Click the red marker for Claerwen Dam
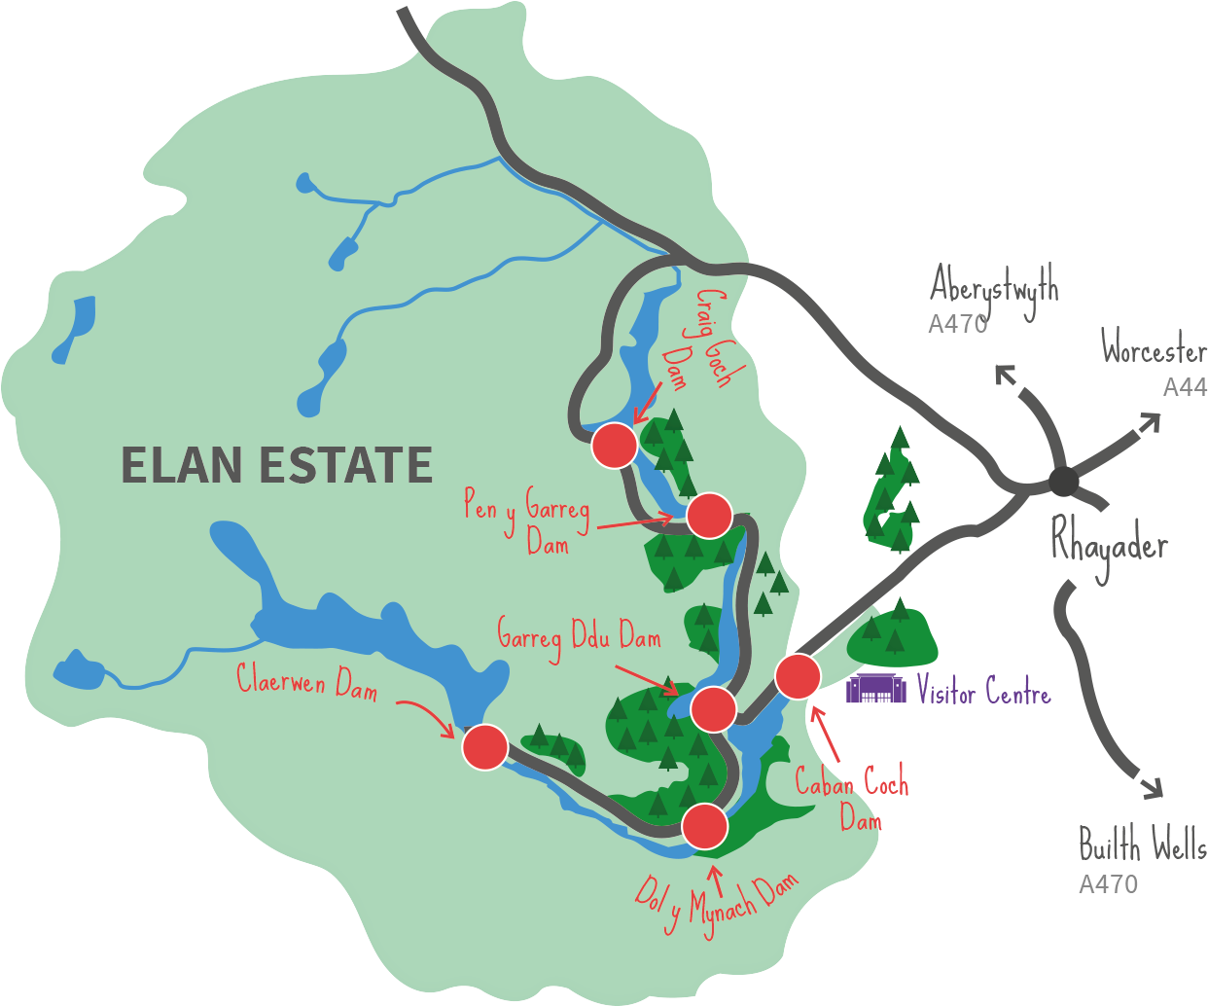click(x=485, y=747)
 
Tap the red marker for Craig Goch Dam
click(x=615, y=446)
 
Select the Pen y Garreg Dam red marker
click(x=709, y=515)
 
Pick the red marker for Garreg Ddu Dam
click(x=713, y=708)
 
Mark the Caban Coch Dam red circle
click(x=798, y=676)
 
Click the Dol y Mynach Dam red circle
click(x=704, y=827)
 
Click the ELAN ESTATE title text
click(x=276, y=465)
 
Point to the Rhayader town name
click(x=1109, y=547)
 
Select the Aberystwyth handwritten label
click(x=994, y=288)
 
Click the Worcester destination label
click(x=1154, y=348)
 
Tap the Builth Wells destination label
click(x=1143, y=846)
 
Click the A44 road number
click(x=1185, y=387)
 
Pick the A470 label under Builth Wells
click(x=1108, y=884)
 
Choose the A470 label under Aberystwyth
click(x=957, y=325)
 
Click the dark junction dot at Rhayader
click(x=1063, y=480)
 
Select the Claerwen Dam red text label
click(x=307, y=681)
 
